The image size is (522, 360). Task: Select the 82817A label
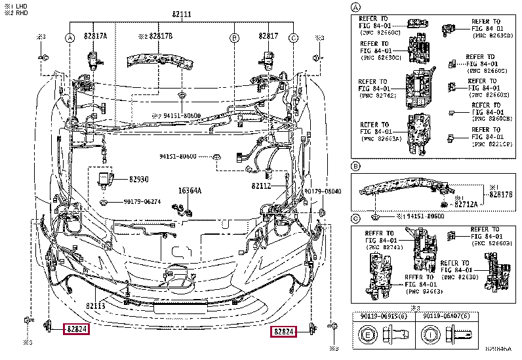click(x=96, y=37)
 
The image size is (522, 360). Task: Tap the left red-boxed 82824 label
click(x=75, y=329)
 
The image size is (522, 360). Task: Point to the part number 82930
click(x=138, y=178)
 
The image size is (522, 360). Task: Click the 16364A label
click(x=190, y=191)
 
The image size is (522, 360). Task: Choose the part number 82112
click(x=261, y=186)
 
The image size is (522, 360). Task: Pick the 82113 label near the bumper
click(x=96, y=306)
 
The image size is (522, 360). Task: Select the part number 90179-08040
click(x=323, y=191)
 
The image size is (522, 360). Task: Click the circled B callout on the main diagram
click(x=233, y=37)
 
